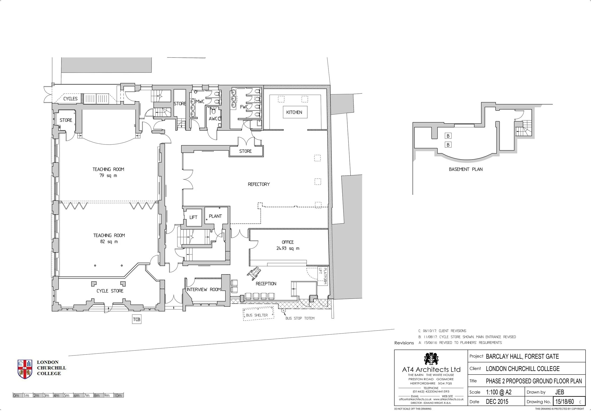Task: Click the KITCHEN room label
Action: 294,112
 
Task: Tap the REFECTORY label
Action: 259,184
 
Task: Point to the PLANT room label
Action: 215,216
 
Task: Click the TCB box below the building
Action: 137,319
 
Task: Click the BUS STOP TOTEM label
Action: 300,318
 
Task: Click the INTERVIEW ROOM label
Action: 204,289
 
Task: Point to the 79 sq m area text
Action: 108,176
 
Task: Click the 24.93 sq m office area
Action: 288,248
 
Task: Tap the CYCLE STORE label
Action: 110,291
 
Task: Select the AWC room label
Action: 215,119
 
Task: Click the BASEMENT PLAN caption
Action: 466,169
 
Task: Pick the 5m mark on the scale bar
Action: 66,395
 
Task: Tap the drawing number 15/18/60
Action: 565,402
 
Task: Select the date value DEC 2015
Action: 497,402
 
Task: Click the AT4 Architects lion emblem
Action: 431,359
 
